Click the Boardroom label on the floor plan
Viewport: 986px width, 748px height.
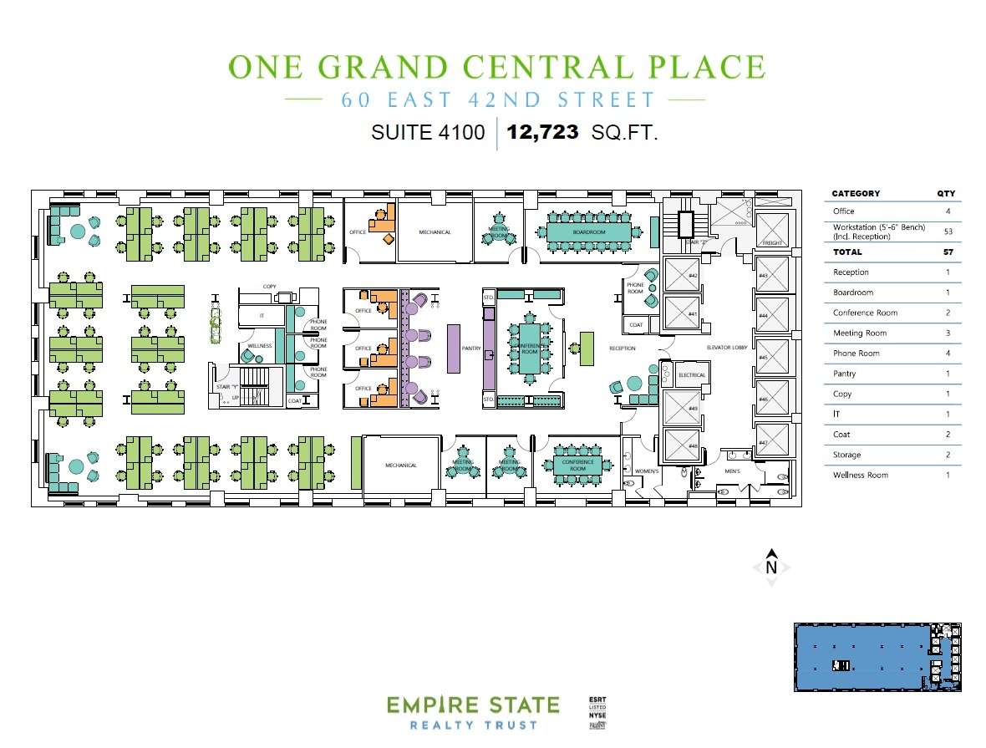[589, 232]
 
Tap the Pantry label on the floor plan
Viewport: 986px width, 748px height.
[471, 349]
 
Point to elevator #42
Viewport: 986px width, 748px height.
[693, 275]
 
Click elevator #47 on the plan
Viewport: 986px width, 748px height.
[763, 442]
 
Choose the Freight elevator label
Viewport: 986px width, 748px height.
[771, 243]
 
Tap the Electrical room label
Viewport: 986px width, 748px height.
[691, 375]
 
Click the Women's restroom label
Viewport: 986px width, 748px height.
[648, 471]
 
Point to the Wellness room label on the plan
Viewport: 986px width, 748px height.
[259, 345]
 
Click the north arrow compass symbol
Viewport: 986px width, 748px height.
[772, 567]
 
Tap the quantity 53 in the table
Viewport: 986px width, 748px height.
[948, 232]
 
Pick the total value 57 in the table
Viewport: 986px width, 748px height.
[948, 252]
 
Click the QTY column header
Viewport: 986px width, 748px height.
[946, 194]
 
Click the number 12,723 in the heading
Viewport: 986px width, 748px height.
[542, 132]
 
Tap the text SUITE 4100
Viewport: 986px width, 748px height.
[428, 132]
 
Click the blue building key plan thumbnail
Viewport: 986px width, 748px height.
[877, 657]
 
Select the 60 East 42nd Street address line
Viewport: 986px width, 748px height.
[497, 100]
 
